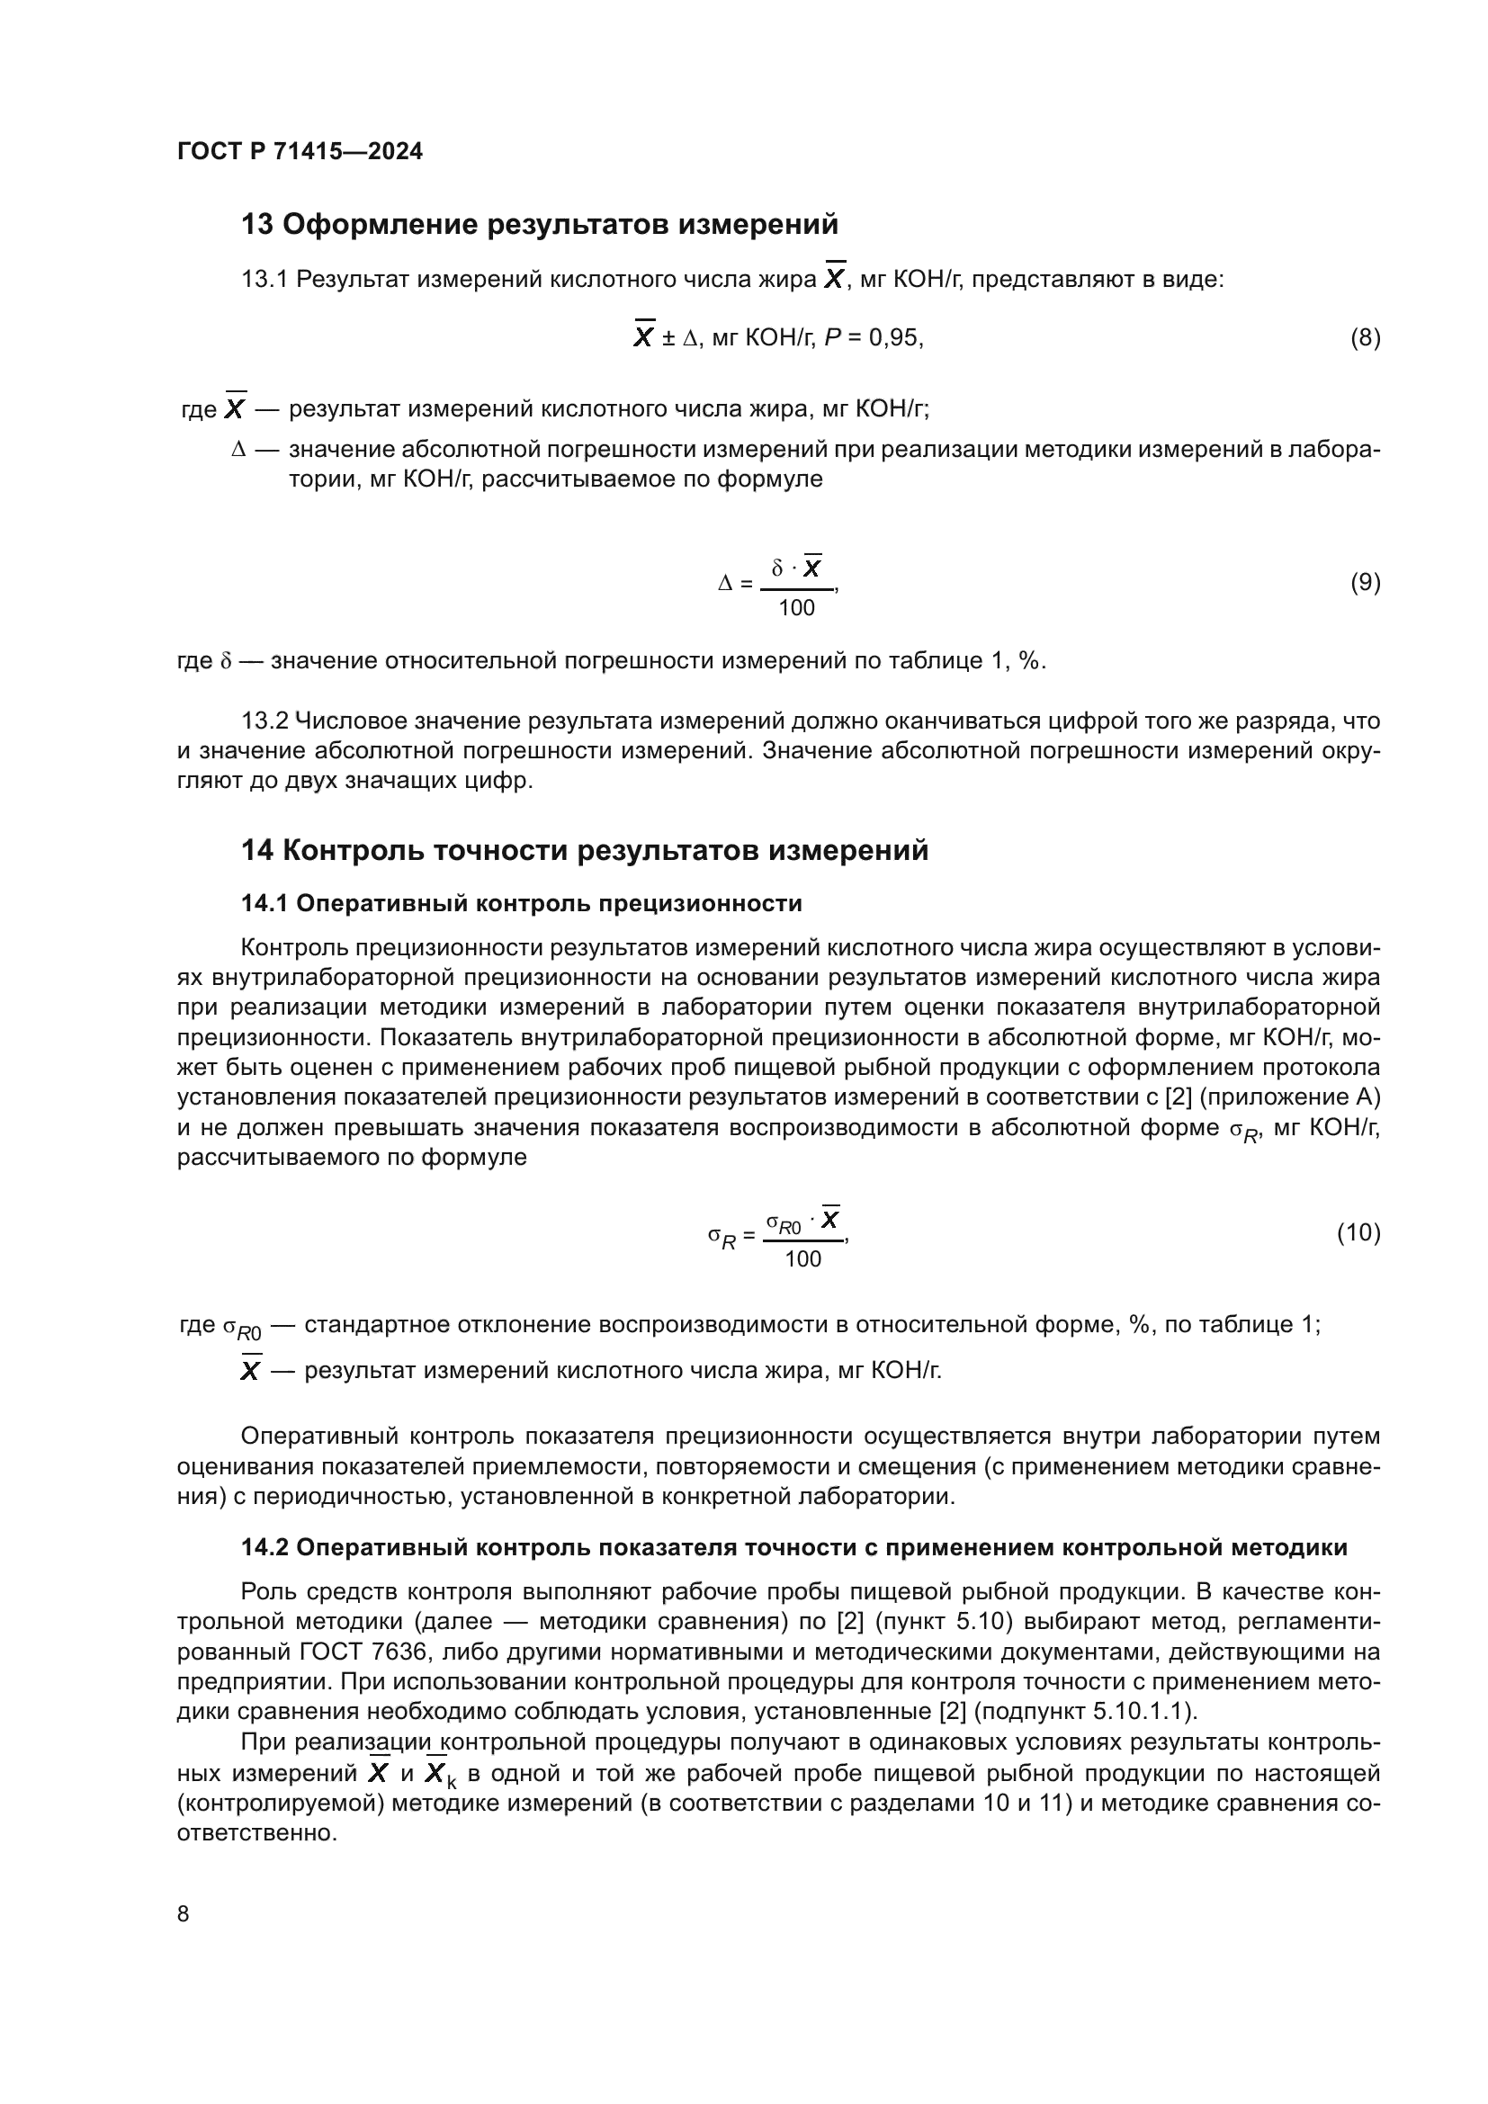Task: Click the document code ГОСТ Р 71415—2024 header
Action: point(300,151)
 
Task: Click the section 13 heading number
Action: point(256,225)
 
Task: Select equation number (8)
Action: point(1365,338)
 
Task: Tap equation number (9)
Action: point(1365,582)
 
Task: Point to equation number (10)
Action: point(1358,1232)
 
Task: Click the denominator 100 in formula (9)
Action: point(796,607)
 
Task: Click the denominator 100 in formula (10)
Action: point(802,1259)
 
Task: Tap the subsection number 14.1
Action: point(264,903)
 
